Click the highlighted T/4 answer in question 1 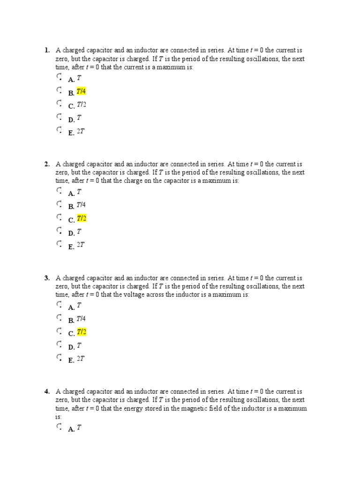[81, 91]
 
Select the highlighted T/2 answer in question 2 [82, 218]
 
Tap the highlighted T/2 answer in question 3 [82, 332]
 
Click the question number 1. [47, 50]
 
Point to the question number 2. [47, 164]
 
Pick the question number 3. [47, 278]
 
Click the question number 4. [47, 392]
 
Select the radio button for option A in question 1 [59, 76]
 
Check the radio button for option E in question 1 [59, 129]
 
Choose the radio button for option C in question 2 [59, 217]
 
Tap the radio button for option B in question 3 [59, 318]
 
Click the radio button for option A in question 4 [59, 427]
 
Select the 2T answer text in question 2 [81, 245]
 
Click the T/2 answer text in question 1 [82, 105]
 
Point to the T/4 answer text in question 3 [81, 319]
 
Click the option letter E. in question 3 [71, 360]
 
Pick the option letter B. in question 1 [71, 93]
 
